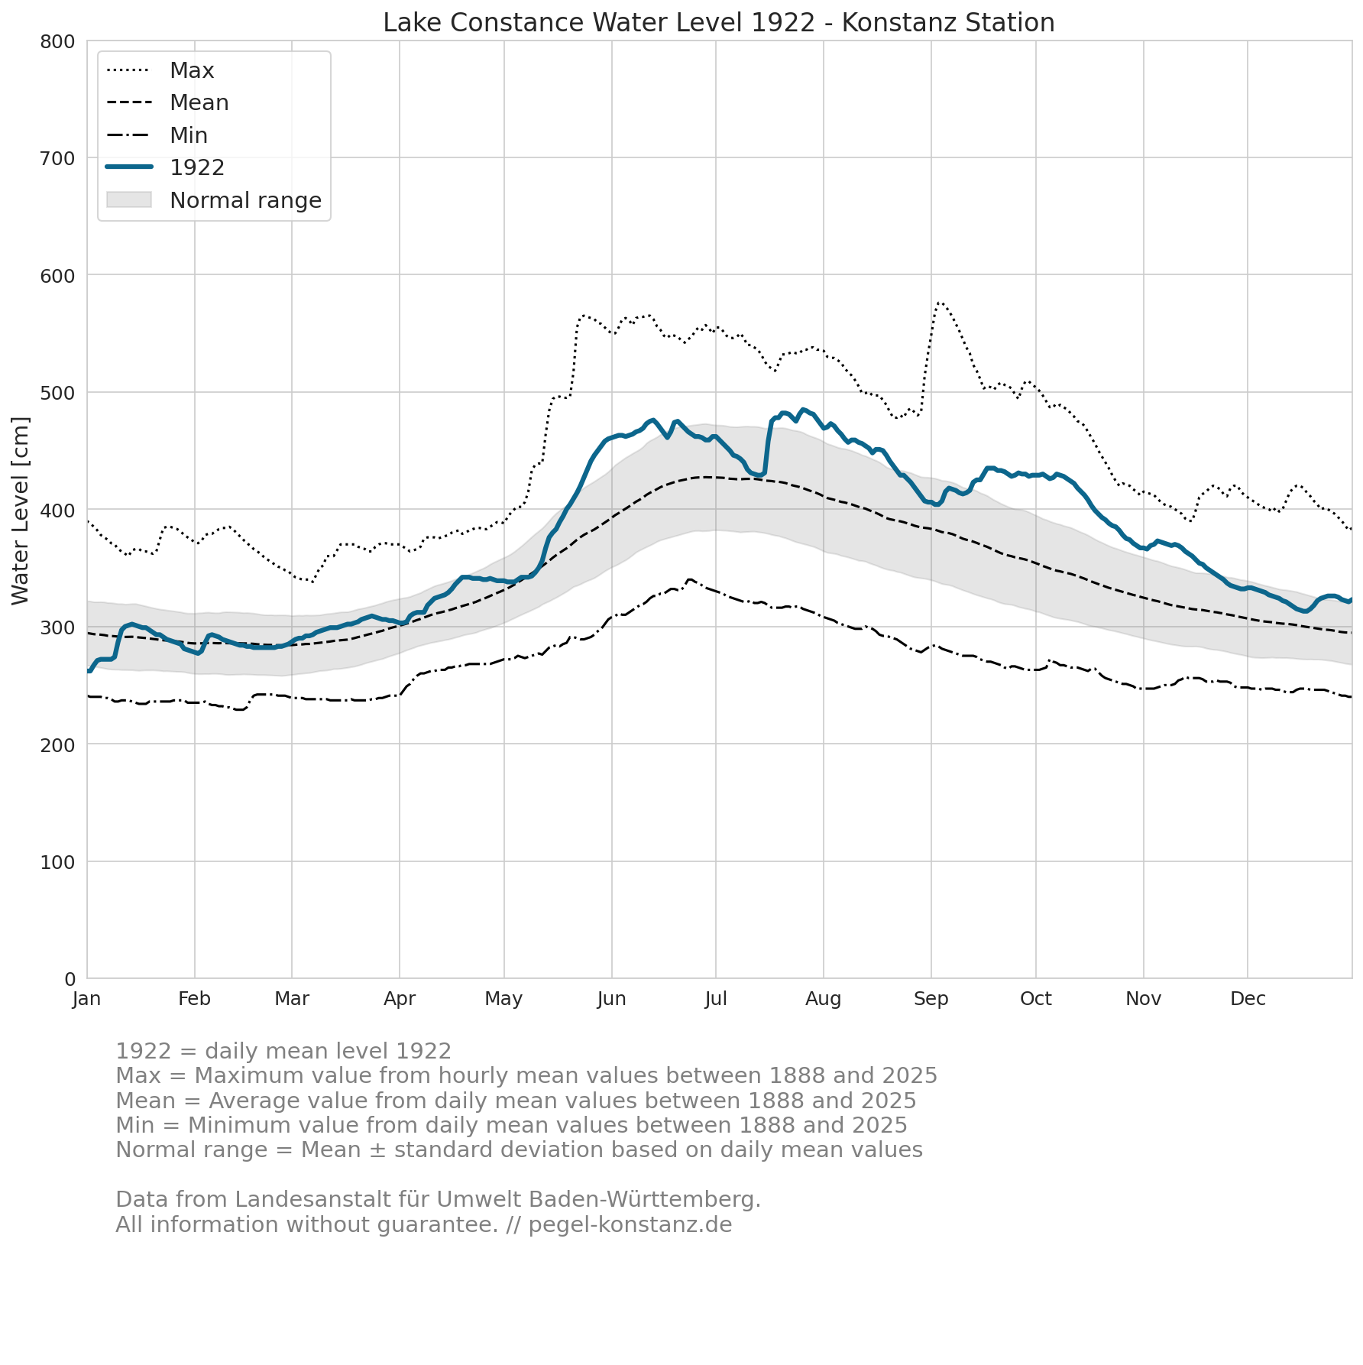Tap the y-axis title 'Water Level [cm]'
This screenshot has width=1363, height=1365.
click(x=21, y=511)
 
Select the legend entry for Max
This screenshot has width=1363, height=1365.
click(x=160, y=70)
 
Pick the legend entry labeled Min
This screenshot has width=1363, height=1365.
click(x=157, y=135)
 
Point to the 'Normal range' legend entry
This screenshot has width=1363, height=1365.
click(x=214, y=200)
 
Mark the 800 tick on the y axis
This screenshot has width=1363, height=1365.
click(x=58, y=41)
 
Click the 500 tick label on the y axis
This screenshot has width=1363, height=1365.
click(x=58, y=393)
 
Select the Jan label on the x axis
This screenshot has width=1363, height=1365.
click(x=87, y=999)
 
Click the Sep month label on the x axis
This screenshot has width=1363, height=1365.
click(x=931, y=999)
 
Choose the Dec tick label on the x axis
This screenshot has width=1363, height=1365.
click(x=1248, y=999)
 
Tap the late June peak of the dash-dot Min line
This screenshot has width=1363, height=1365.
click(x=689, y=580)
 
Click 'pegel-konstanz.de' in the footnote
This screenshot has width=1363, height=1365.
click(x=630, y=1225)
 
